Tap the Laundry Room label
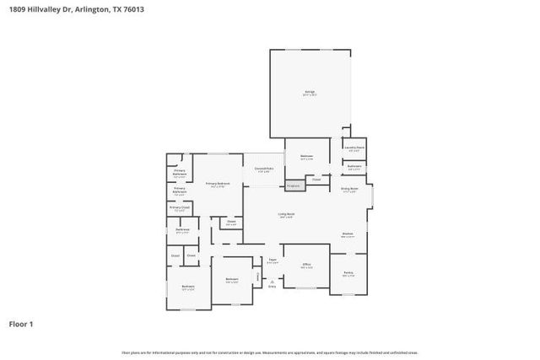coord(354,148)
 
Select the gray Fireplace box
coord(293,185)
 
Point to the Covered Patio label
coord(264,171)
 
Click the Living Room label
coord(286,216)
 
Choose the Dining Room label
coord(349,190)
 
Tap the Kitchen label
coord(347,235)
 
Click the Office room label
coord(306,266)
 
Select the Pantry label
coord(348,274)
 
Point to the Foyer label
coord(272,261)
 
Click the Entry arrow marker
coord(272,282)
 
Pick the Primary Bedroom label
coord(218,184)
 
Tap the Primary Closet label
coord(179,207)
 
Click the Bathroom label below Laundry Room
coord(354,168)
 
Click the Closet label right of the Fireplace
coord(316,179)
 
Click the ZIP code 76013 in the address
coord(133,9)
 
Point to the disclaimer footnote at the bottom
coord(269,352)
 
